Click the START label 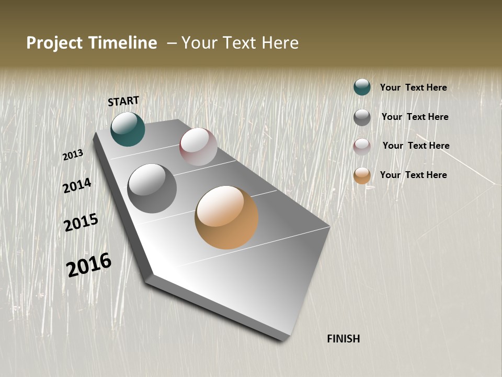123,101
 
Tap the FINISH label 344,339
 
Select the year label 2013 73,155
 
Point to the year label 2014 77,185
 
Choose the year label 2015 81,223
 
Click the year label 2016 89,264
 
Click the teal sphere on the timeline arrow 128,129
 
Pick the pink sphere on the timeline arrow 198,146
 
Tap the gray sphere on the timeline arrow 152,188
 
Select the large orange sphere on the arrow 226,217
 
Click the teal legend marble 362,87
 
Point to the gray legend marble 362,117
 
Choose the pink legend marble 362,147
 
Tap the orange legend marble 362,175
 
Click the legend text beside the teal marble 413,87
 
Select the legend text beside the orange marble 413,175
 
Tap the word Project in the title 55,43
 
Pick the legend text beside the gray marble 415,117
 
